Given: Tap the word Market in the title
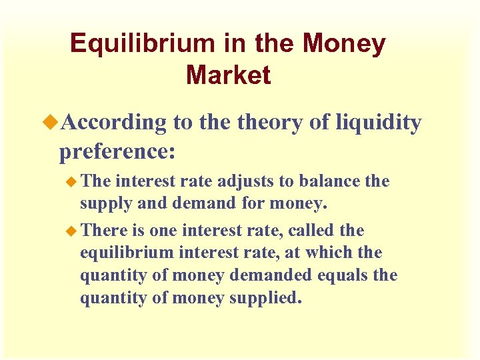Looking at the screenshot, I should pyautogui.click(x=228, y=75).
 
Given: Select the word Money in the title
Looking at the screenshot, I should pyautogui.click(x=344, y=44).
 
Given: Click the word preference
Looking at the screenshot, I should pyautogui.click(x=115, y=151).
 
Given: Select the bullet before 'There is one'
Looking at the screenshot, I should pyautogui.click(x=73, y=231).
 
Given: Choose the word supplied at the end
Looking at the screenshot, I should pyautogui.click(x=265, y=298).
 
